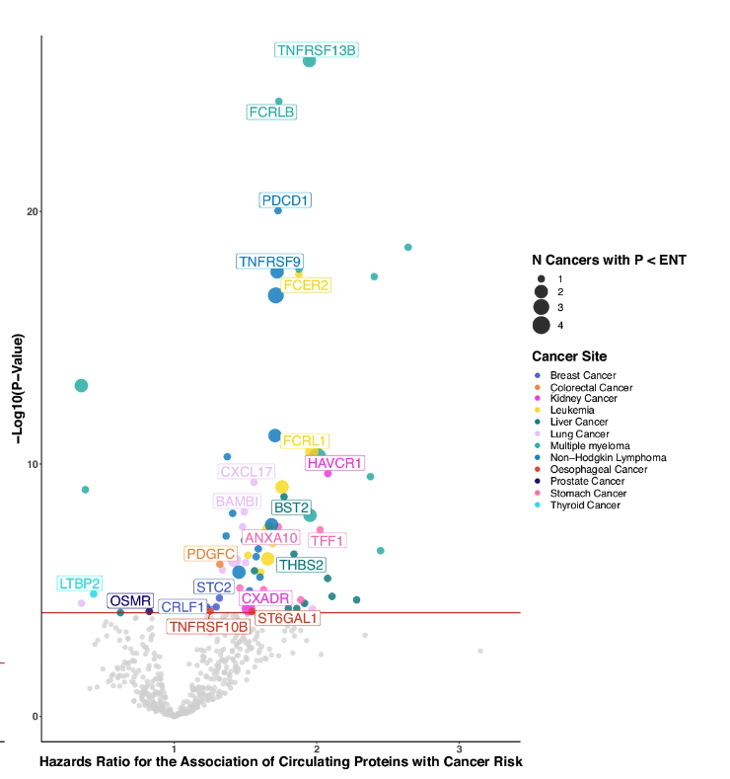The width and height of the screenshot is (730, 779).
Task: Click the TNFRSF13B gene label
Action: (317, 50)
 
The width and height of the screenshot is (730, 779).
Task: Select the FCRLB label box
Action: (271, 112)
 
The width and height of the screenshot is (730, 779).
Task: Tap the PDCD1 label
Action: (285, 200)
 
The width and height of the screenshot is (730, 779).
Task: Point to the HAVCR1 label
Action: (335, 463)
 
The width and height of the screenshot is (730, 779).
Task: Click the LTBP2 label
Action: (79, 584)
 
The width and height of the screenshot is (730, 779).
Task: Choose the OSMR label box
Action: (130, 600)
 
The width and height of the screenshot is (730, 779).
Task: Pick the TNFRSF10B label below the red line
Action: (208, 627)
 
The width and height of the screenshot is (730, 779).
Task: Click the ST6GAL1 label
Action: (287, 618)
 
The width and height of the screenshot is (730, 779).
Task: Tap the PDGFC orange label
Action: (211, 554)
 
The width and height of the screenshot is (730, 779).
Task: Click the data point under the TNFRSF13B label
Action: (309, 61)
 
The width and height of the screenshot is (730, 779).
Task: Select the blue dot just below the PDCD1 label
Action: (278, 210)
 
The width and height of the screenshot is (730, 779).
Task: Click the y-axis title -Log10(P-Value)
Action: (18, 388)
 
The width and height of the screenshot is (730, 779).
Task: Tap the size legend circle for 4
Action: (542, 326)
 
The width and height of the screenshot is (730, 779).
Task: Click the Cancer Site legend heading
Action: (569, 356)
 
